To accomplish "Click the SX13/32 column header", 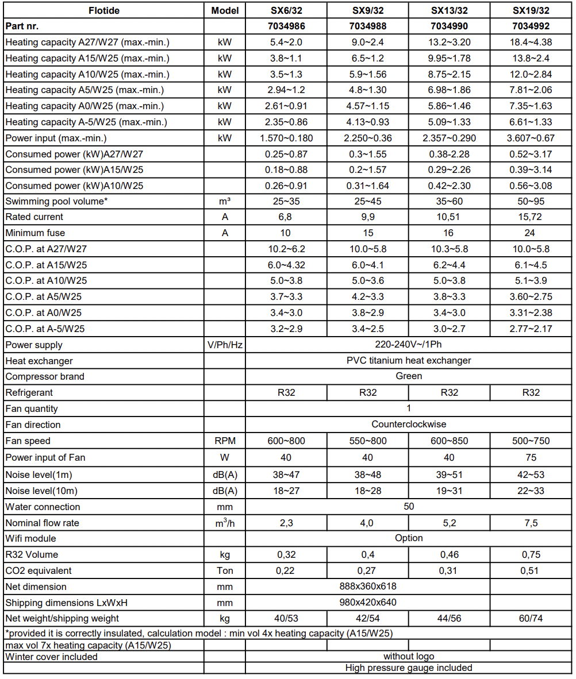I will click(x=449, y=10).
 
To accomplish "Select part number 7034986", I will click(x=286, y=26).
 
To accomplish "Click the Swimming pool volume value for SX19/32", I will click(x=531, y=201).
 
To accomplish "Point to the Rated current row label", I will click(x=34, y=217).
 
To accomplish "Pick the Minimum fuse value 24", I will click(x=531, y=233).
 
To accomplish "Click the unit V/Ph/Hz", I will click(x=224, y=345).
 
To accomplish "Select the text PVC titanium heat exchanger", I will click(x=409, y=361).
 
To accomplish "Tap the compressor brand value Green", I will click(x=409, y=376).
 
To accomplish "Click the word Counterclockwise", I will click(x=409, y=425).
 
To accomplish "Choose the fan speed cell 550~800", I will click(x=367, y=441).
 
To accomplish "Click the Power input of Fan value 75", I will click(x=531, y=458).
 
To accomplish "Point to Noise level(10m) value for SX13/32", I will click(x=449, y=491).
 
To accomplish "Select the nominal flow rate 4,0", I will click(x=367, y=523).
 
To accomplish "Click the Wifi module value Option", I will click(x=409, y=538).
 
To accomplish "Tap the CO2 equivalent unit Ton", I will click(x=224, y=571).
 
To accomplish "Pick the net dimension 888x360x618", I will click(x=367, y=587).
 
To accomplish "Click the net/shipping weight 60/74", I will click(x=531, y=618).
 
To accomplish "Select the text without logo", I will click(x=409, y=656).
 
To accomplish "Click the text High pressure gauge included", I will click(x=409, y=668).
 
